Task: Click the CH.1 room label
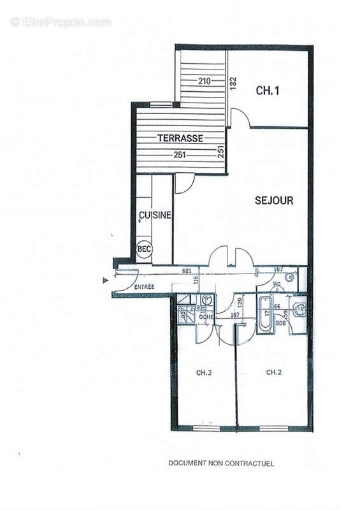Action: click(x=268, y=91)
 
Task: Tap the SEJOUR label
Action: click(x=274, y=200)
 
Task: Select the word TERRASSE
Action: click(x=180, y=138)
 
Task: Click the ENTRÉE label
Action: click(x=144, y=288)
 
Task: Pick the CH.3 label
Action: click(x=204, y=372)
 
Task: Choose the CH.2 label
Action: click(x=274, y=372)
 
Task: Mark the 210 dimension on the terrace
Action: click(x=204, y=81)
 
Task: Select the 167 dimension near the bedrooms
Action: click(x=234, y=314)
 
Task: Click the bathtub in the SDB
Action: click(x=264, y=313)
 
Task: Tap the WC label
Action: click(x=277, y=284)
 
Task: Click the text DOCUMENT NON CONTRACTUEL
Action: click(x=221, y=463)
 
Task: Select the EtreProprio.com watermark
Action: click(x=61, y=22)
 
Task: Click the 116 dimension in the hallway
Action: click(x=197, y=279)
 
